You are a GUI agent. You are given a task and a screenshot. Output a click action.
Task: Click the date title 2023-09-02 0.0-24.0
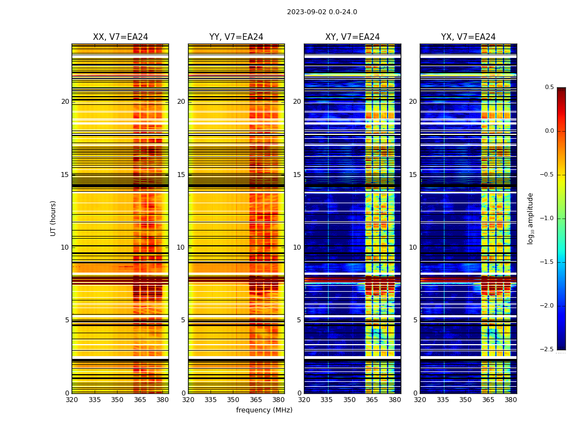tap(321, 12)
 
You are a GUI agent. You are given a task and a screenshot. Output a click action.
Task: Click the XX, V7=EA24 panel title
tap(120, 37)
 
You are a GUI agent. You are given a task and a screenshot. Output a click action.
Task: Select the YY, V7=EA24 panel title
tap(236, 37)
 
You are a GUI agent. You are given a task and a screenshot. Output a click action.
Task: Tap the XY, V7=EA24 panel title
tap(352, 37)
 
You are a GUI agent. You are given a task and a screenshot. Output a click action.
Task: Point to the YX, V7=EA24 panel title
tap(468, 37)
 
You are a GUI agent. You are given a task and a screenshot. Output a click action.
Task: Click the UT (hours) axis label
tap(53, 218)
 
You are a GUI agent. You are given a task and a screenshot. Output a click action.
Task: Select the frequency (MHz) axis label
tap(264, 410)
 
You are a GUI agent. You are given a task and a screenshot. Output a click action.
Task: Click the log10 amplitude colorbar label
tap(530, 218)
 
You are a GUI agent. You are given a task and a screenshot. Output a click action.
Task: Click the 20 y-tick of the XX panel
tap(65, 102)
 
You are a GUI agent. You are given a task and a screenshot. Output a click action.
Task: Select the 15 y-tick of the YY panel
tap(181, 174)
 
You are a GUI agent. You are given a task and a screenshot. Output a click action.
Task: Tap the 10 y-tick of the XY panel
tap(297, 247)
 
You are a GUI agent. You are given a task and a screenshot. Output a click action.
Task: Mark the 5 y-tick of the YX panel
tap(415, 320)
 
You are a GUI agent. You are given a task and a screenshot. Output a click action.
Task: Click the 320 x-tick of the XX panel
tap(72, 400)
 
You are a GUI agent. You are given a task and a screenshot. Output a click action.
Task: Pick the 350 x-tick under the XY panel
tap(349, 400)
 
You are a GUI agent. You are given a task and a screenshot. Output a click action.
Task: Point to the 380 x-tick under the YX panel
tap(511, 400)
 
